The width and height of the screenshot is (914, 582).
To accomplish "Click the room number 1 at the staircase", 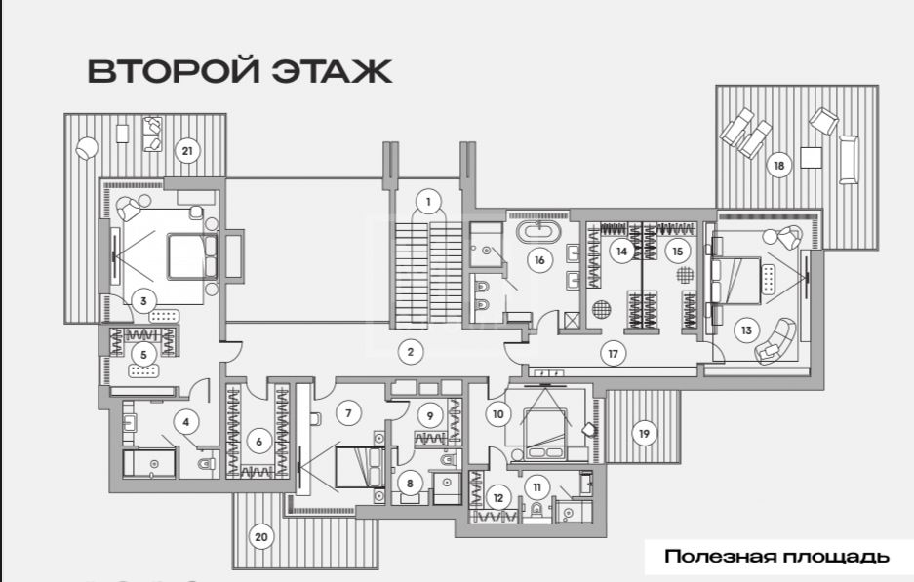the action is coord(428,202).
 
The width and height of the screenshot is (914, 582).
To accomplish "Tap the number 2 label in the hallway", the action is coord(411,352).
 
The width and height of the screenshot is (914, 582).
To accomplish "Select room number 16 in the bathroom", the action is coord(539,260).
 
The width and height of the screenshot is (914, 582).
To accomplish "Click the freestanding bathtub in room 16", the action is coord(538,231).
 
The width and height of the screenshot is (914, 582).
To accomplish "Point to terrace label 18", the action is coord(778,166).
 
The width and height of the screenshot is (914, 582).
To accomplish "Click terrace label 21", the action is coord(186,151).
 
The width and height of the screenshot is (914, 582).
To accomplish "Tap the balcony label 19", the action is coord(644,434).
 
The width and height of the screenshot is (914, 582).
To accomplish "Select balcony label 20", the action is coord(261,536).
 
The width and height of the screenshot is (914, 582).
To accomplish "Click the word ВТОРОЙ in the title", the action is coord(173,71).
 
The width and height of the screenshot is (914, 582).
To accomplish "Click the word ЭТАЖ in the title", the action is coord(333,71).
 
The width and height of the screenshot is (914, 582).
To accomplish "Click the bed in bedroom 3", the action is coord(186,255).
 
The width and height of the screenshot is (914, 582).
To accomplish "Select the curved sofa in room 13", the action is coord(775,341).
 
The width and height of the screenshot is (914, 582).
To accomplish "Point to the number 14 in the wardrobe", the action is coord(622,252).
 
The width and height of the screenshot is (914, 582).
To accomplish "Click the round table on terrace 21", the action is coord(86,148).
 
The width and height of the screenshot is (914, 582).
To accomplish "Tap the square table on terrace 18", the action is coord(811,157).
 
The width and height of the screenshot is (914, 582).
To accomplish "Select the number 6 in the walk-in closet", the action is coord(258,442).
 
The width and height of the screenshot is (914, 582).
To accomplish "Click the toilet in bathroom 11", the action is coord(536,511).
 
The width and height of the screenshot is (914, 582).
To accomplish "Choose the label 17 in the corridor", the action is coord(613,354).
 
